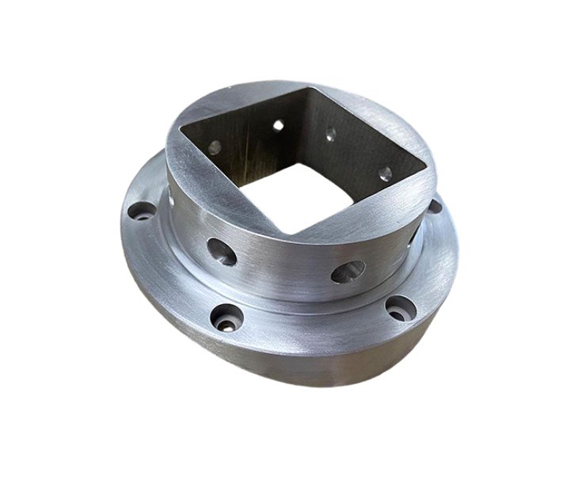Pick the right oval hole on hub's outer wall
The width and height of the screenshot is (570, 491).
348,274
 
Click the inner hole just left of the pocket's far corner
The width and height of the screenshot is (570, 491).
278,124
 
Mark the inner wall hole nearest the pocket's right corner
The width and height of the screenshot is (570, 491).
385,172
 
